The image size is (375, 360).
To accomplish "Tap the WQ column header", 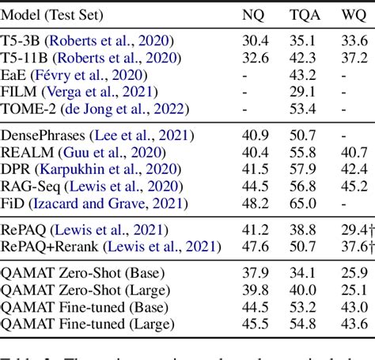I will pyautogui.click(x=349, y=14).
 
